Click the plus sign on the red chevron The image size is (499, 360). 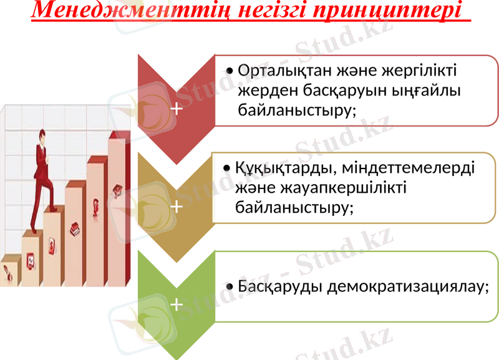pyautogui.click(x=177, y=109)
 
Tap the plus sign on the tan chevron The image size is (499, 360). pyautogui.click(x=177, y=206)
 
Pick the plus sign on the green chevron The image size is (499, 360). pyautogui.click(x=177, y=304)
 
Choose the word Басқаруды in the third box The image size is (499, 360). pyautogui.click(x=279, y=286)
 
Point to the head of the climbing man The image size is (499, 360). pyautogui.click(x=42, y=135)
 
